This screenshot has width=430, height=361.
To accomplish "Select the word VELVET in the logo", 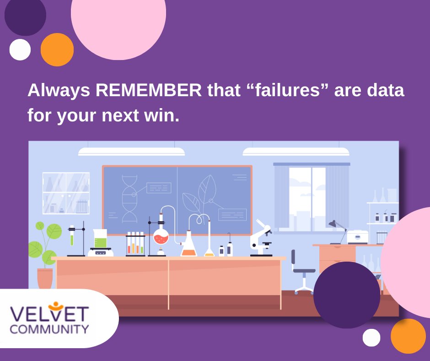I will tap(49, 314).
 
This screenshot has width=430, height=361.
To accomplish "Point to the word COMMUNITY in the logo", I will tap(49, 329).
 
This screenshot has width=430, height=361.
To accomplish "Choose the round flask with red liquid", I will tap(161, 236).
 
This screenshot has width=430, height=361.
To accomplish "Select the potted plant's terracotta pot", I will tap(45, 278).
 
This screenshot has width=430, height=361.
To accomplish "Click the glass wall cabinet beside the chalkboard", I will tap(66, 193).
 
